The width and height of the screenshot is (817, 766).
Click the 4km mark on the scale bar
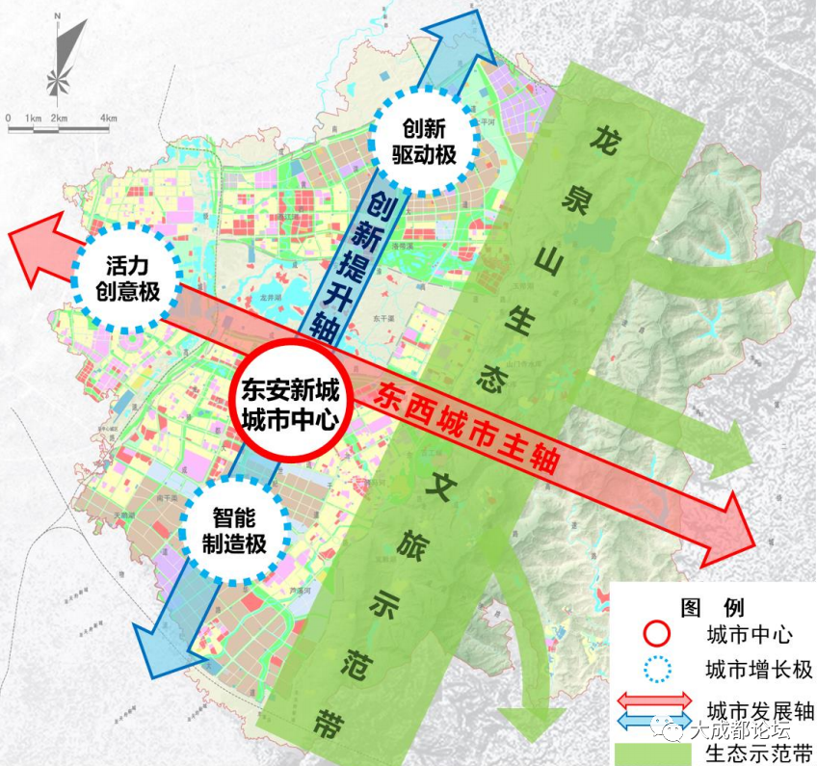[108, 119]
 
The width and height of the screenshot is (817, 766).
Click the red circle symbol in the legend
[657, 636]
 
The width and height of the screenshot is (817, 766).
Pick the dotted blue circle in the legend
[657, 670]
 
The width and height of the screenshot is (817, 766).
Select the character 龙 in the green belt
[604, 139]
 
